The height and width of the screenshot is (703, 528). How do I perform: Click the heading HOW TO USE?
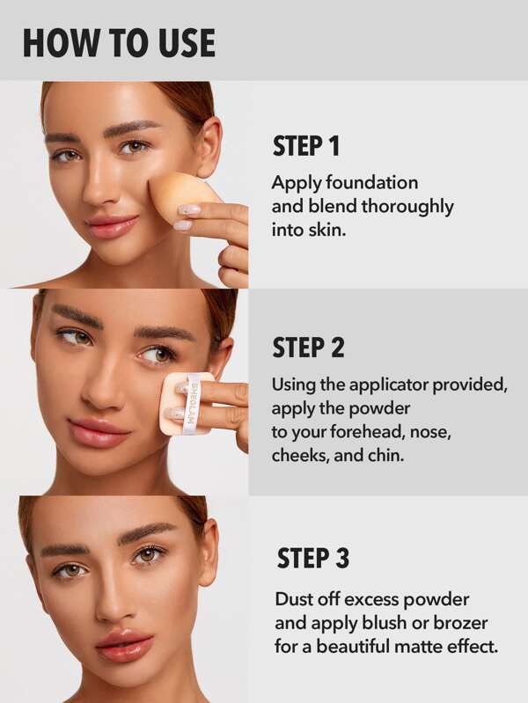[119, 42]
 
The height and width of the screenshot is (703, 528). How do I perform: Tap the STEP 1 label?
[305, 146]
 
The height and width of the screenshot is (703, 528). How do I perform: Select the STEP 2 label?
[307, 348]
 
